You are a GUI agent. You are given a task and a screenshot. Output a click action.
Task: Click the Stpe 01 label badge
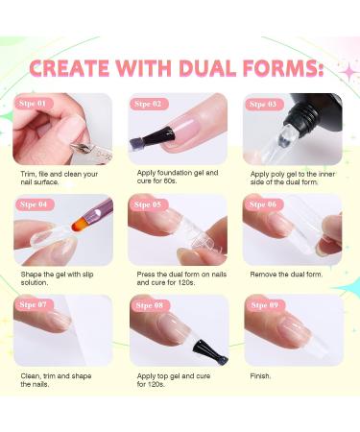34,104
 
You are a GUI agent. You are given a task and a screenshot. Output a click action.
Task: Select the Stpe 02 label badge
149,104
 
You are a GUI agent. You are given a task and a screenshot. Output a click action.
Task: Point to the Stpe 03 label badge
264,105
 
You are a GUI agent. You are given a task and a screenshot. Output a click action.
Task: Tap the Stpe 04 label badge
35,204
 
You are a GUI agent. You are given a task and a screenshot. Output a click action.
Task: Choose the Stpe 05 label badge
149,204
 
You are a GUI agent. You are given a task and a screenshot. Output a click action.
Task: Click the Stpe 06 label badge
264,204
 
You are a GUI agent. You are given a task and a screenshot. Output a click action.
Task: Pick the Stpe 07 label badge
35,304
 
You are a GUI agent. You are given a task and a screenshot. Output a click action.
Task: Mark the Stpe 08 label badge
150,305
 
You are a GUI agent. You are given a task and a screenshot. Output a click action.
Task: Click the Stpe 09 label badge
265,305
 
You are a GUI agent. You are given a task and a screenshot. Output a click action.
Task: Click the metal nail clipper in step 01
91,152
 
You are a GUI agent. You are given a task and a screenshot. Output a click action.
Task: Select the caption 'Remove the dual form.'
286,275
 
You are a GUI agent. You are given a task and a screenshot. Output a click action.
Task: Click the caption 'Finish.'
260,376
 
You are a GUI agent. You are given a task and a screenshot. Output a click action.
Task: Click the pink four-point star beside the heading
349,73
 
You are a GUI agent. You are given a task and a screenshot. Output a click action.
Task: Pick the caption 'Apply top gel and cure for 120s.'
174,380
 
